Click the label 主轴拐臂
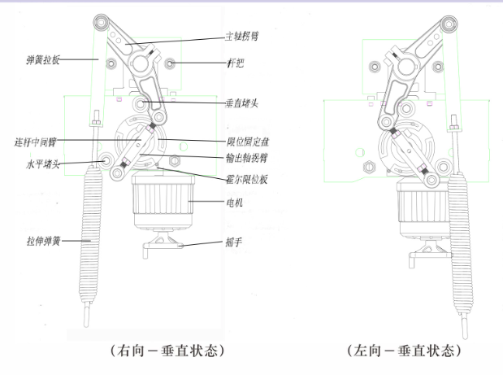pyautogui.click(x=244, y=37)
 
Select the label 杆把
pyautogui.click(x=236, y=62)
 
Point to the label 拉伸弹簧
pyautogui.click(x=43, y=241)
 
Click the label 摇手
pyautogui.click(x=235, y=242)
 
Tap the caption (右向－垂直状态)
pyautogui.click(x=166, y=351)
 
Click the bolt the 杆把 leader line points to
pyautogui.click(x=170, y=63)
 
